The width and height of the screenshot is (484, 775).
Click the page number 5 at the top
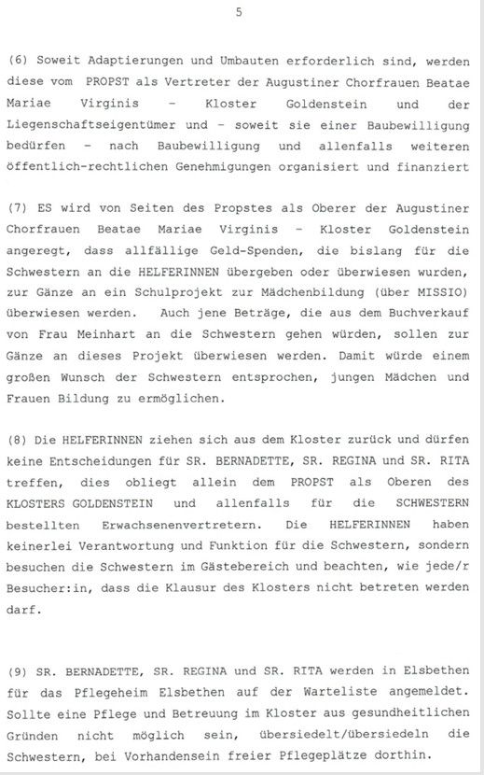(x=239, y=12)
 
